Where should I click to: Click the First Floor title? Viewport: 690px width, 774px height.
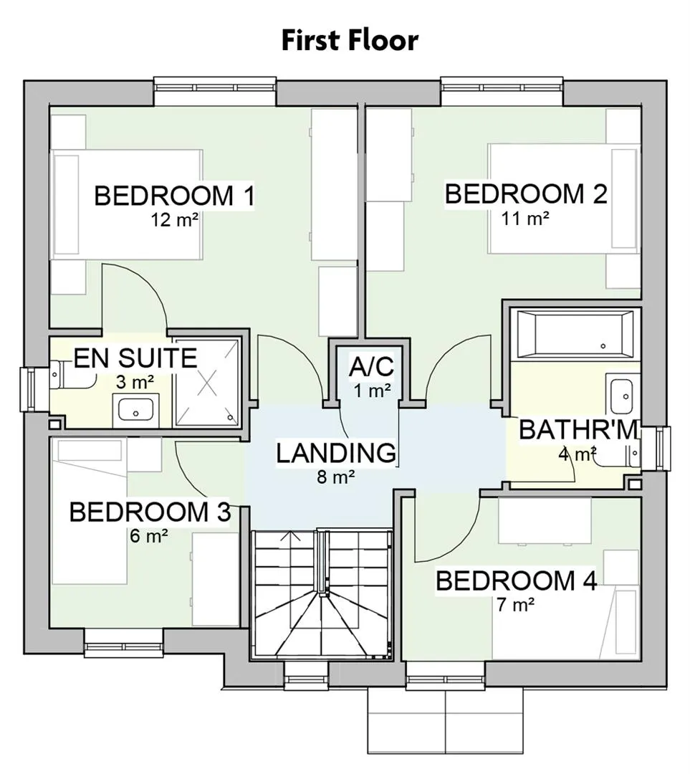pos(350,40)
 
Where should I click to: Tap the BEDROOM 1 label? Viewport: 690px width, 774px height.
pos(174,196)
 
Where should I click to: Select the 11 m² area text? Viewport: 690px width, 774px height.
pos(525,218)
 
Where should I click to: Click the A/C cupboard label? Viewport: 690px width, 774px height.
pos(371,367)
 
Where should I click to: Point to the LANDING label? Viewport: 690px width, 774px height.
pos(336,453)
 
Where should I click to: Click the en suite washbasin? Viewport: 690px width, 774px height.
pos(135,410)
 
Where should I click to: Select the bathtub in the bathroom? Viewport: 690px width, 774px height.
pos(575,334)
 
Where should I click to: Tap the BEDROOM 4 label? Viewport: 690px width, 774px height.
pos(516,580)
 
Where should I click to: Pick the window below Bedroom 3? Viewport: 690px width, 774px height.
pos(123,643)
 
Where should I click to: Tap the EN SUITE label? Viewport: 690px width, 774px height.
pos(135,358)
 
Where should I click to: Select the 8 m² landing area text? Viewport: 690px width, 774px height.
pos(335,477)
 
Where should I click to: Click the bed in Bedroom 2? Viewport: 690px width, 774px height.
pos(564,199)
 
